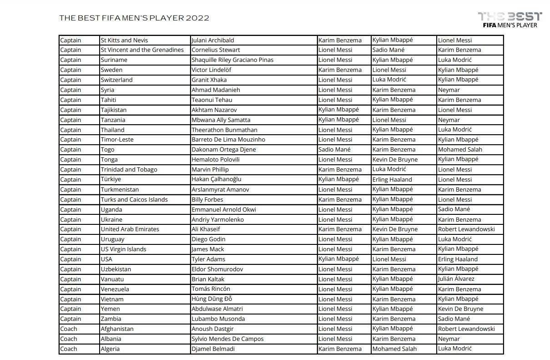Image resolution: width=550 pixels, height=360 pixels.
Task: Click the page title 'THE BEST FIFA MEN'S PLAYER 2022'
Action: point(134,18)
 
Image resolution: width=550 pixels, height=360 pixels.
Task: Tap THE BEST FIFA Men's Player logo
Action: point(510,20)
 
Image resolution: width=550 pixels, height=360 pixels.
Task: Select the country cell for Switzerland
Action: point(116,80)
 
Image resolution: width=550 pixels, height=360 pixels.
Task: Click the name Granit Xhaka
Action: point(209,80)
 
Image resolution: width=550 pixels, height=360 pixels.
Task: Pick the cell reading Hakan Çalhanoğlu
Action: point(216,179)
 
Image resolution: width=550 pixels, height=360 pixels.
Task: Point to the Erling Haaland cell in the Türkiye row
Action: point(392,179)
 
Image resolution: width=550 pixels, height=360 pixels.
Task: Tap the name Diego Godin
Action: point(208,239)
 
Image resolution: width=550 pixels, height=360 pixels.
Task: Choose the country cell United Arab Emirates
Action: point(130,229)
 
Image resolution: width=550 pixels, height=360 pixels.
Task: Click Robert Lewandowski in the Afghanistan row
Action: point(466,329)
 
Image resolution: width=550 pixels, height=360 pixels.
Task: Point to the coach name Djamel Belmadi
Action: point(214,349)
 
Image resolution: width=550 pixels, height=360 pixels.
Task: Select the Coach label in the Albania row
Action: point(69,339)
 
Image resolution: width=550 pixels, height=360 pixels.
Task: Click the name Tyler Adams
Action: point(208,259)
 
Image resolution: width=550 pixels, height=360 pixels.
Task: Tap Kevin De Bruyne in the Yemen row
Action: point(460,309)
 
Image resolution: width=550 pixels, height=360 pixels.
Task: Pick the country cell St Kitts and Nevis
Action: point(124,40)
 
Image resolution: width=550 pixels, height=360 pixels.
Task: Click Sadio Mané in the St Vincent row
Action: point(388,50)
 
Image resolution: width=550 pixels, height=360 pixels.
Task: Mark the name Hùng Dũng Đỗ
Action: point(212,299)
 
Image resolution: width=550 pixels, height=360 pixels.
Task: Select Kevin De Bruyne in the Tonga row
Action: point(395,159)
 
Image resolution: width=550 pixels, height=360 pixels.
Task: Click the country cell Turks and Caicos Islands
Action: point(134,199)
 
